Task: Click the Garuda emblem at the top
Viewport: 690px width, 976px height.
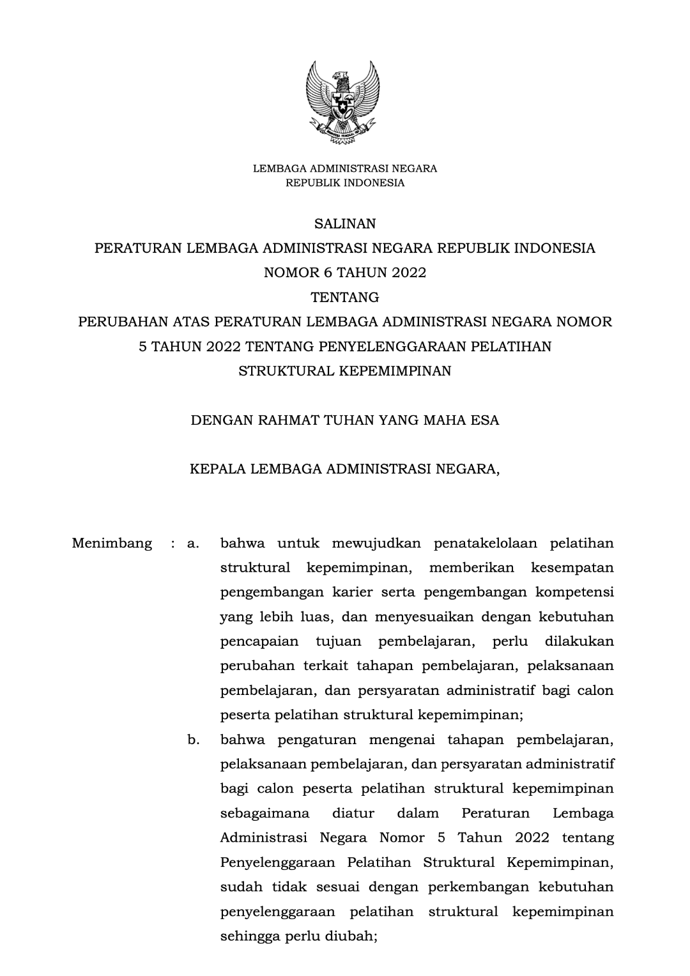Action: [x=343, y=102]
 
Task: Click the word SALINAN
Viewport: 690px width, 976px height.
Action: [x=344, y=224]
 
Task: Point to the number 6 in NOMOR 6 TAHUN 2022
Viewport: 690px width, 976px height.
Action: [x=328, y=273]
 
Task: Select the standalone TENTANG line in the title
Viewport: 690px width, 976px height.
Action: [x=344, y=298]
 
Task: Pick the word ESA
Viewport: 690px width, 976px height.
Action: [x=486, y=420]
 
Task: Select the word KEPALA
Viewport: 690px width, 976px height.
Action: [x=218, y=469]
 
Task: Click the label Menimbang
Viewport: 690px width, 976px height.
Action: [x=112, y=544]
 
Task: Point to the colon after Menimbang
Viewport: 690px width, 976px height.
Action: [x=172, y=544]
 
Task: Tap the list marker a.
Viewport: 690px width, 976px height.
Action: [x=192, y=544]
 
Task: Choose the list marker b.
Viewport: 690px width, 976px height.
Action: [x=192, y=740]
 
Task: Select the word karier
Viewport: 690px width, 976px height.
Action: [x=353, y=593]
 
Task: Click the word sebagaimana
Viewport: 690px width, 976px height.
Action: [x=264, y=814]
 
